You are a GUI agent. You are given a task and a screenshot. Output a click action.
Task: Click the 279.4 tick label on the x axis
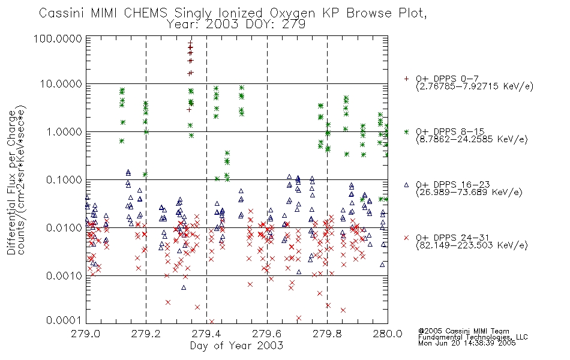(x=206, y=334)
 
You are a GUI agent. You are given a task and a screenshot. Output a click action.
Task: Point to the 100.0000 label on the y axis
(x=58, y=38)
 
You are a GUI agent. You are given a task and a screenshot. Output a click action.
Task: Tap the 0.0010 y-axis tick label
(x=64, y=276)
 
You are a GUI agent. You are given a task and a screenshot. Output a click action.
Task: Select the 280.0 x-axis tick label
(x=388, y=334)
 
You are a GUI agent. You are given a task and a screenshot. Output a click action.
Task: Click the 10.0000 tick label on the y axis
(x=61, y=84)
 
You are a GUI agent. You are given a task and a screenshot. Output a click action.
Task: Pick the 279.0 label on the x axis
(x=86, y=334)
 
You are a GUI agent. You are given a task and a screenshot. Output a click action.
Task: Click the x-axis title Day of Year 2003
(x=236, y=346)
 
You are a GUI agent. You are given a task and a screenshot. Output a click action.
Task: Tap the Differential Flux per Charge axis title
(x=12, y=182)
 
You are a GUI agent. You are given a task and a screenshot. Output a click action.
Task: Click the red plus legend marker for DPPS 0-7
(x=406, y=78)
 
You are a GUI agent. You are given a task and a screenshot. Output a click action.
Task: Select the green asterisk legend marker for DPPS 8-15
(x=406, y=131)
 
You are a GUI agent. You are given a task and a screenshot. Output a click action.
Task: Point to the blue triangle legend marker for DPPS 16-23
(x=406, y=185)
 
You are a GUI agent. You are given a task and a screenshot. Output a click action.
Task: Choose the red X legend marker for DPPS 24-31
(x=406, y=238)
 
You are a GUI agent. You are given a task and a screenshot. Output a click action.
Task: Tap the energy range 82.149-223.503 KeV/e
(x=472, y=245)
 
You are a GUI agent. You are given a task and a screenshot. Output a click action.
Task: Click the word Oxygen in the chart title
(x=293, y=13)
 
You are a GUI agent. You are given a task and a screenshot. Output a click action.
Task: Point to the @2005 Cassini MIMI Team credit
(x=463, y=331)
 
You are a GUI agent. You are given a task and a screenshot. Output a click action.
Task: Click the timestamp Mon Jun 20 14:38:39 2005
(x=467, y=343)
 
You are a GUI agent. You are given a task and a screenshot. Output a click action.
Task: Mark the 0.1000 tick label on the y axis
(x=64, y=180)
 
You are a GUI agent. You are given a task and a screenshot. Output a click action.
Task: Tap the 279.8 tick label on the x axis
(x=327, y=334)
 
